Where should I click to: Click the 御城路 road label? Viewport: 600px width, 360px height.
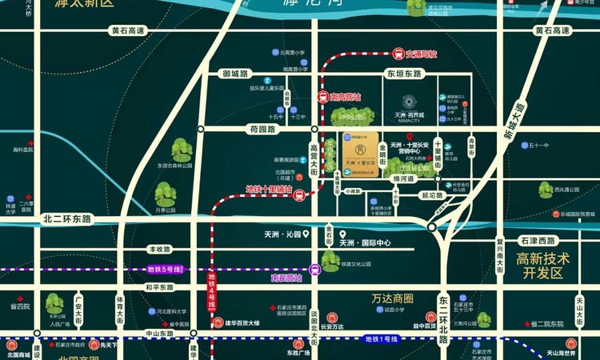click(235, 74)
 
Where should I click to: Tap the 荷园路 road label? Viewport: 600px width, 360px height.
click(262, 128)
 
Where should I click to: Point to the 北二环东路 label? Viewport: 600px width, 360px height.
click(68, 218)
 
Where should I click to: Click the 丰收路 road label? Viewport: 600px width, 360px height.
click(160, 250)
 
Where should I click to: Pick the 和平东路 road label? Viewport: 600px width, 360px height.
click(160, 287)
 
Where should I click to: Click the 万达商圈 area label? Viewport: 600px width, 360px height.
click(391, 298)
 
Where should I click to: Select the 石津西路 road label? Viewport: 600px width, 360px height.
click(537, 240)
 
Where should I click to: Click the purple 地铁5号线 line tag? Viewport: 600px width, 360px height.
click(166, 270)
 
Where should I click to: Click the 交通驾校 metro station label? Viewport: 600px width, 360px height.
click(422, 54)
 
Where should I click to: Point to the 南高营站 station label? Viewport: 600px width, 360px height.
click(346, 97)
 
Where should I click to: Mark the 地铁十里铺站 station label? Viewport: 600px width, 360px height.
click(269, 190)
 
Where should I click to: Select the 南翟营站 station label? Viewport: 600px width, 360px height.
click(286, 277)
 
